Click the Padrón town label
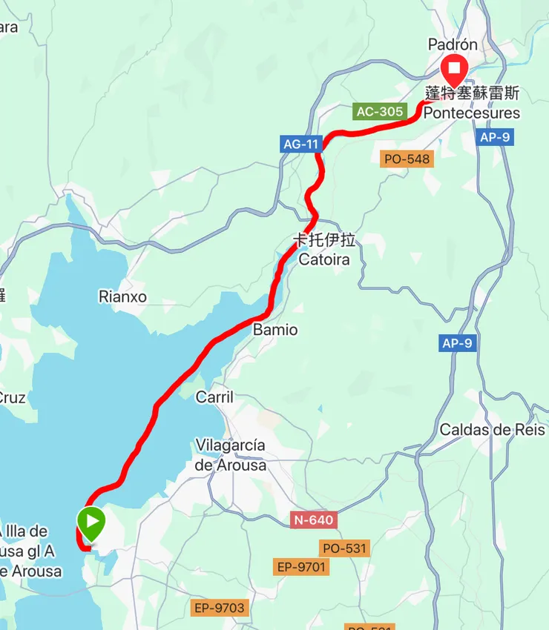click(x=453, y=45)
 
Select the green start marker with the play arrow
click(x=91, y=523)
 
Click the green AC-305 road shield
click(x=380, y=112)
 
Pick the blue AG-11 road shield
click(x=300, y=145)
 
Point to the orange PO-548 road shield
click(x=407, y=159)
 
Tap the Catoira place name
click(x=323, y=259)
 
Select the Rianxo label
click(x=122, y=297)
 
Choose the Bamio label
click(x=275, y=330)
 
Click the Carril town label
click(x=214, y=397)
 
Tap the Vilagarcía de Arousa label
click(x=230, y=455)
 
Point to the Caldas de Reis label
click(x=493, y=430)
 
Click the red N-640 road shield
click(x=313, y=520)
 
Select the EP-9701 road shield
click(x=300, y=567)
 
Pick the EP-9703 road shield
click(x=218, y=609)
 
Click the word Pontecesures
click(x=473, y=113)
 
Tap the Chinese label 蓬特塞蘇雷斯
click(x=473, y=94)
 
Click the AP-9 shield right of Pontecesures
click(x=496, y=138)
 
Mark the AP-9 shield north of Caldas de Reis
click(x=456, y=343)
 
